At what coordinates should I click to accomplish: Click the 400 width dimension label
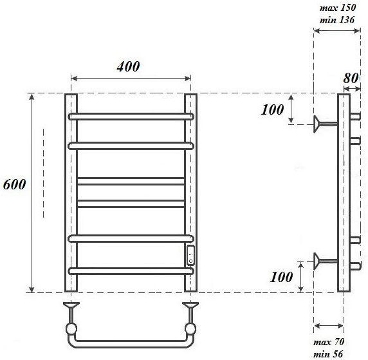[x=128, y=66]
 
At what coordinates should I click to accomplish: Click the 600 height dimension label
[x=15, y=184]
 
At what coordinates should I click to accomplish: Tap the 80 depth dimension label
[x=351, y=78]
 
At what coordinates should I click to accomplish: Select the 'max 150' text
[x=338, y=8]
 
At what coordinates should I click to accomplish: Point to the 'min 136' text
[x=337, y=20]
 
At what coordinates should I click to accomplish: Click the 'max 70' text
[x=329, y=342]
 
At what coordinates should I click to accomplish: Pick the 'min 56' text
[x=328, y=354]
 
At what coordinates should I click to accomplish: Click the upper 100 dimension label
[x=272, y=109]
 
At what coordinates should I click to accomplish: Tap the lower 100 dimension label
[x=281, y=277]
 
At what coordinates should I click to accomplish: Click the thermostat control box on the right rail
[x=190, y=256]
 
